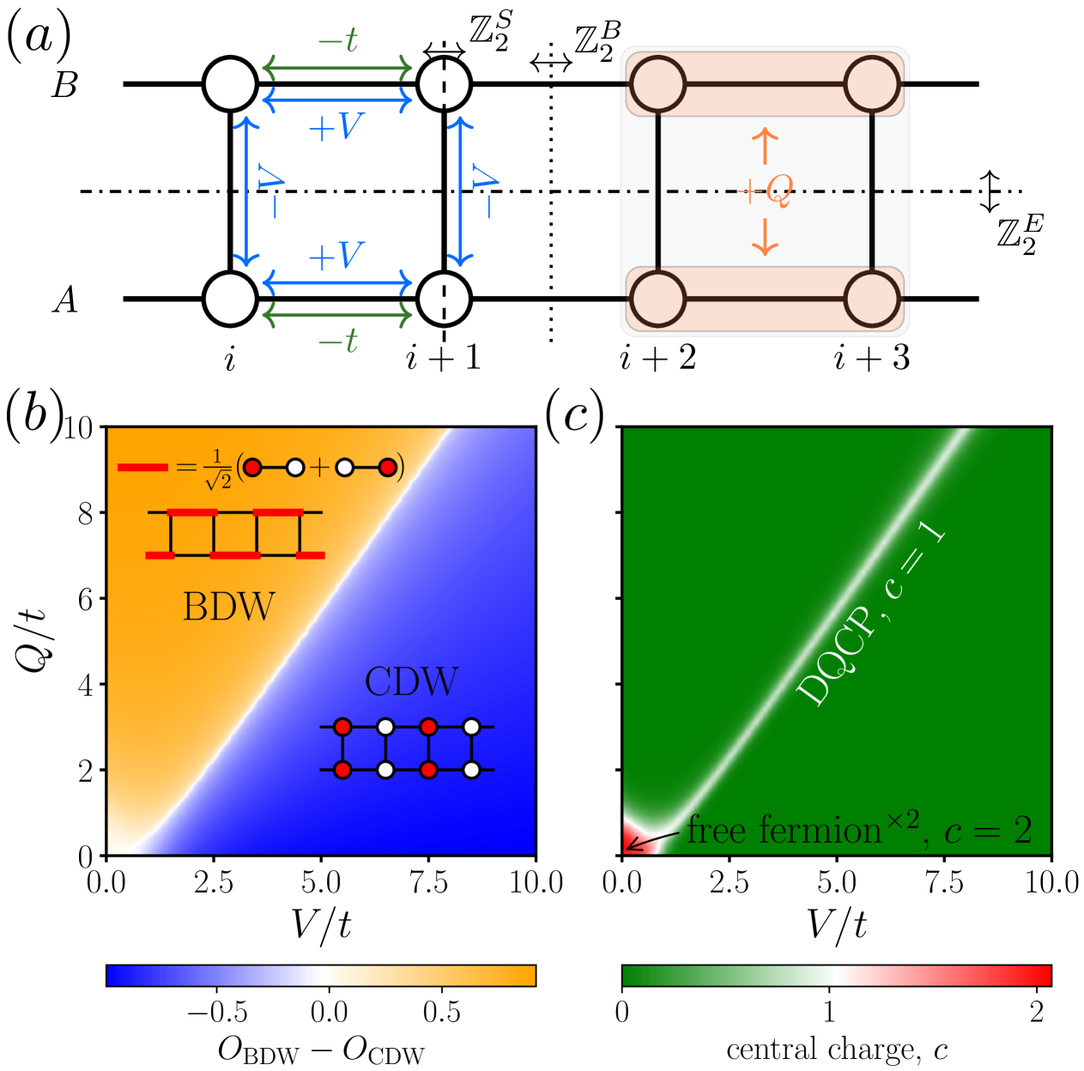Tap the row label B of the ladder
[x=65, y=85]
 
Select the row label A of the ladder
[x=65, y=300]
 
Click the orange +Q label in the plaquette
[x=766, y=191]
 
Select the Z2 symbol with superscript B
[x=597, y=43]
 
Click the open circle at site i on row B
[x=230, y=84]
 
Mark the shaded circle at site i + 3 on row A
[x=872, y=299]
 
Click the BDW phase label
[x=228, y=607]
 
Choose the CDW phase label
[x=411, y=682]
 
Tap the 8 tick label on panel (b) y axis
[x=85, y=513]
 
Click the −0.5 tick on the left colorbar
[x=218, y=1012]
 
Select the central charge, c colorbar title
[x=837, y=1050]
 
